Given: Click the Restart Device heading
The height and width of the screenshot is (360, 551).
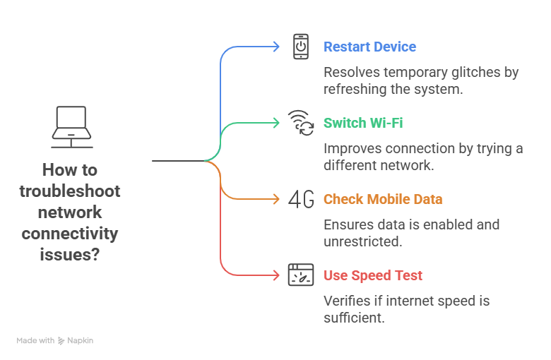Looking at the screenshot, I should pos(369,47).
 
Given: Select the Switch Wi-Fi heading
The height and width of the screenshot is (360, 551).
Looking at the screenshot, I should pos(363,123).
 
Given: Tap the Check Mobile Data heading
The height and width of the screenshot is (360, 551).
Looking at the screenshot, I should pos(383,199).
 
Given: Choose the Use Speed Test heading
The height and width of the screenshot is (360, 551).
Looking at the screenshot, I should pos(373,275).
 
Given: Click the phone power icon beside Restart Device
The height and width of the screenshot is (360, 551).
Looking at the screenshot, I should pos(302,47).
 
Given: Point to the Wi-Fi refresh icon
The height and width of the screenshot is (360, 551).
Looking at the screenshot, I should pos(302,123).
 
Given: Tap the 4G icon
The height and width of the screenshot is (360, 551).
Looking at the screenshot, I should pos(302,200).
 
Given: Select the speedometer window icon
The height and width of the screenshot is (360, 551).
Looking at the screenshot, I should pos(302,275).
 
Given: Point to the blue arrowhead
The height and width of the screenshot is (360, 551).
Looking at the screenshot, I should pos(276,47).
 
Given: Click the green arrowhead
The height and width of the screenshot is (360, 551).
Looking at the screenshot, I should pos(276,123).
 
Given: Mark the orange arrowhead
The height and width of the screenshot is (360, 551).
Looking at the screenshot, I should pos(276,199).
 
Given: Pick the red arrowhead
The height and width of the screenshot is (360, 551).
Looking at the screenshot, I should pos(276,275).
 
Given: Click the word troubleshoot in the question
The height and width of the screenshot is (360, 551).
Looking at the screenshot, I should pos(70,191).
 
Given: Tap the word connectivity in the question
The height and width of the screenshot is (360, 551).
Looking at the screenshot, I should pos(70,234).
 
